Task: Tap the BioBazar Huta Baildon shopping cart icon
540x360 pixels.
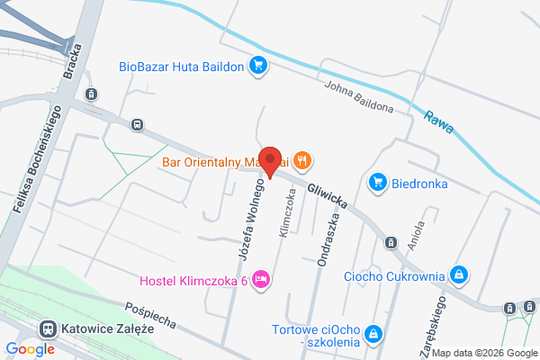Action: (x=258, y=65)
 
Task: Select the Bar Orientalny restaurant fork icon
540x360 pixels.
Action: (x=302, y=162)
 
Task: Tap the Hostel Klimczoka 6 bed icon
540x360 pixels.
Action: (x=261, y=281)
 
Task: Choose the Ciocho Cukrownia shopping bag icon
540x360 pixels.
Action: (x=459, y=274)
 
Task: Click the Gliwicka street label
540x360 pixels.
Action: (x=326, y=193)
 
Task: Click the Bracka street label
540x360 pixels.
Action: (x=75, y=68)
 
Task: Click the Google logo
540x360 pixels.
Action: (x=31, y=348)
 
